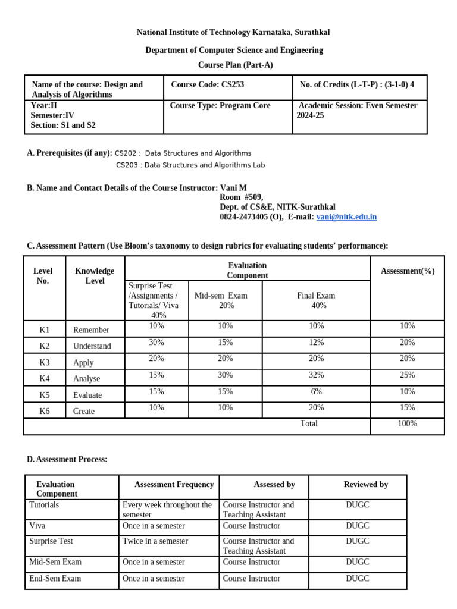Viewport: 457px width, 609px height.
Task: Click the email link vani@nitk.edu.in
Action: click(346, 217)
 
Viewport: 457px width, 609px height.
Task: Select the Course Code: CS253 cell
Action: click(207, 84)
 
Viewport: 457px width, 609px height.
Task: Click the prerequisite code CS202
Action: click(126, 153)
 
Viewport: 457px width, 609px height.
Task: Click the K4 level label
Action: click(45, 378)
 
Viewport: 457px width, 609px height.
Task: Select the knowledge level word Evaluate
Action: click(87, 395)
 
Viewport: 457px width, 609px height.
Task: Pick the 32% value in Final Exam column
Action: click(316, 375)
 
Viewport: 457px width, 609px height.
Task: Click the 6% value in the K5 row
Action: click(316, 391)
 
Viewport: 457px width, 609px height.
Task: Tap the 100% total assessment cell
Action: click(407, 423)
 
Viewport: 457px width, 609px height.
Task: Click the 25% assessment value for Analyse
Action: click(407, 375)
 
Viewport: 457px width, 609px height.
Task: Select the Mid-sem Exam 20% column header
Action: click(221, 300)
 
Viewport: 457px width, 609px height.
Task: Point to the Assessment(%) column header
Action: click(407, 271)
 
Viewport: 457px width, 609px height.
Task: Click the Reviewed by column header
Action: click(365, 485)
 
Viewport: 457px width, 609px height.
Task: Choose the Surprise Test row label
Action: click(51, 541)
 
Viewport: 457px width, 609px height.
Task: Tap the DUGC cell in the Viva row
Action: click(358, 526)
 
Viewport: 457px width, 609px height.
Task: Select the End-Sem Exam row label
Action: click(55, 578)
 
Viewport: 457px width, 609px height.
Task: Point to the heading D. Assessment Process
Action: click(67, 459)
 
